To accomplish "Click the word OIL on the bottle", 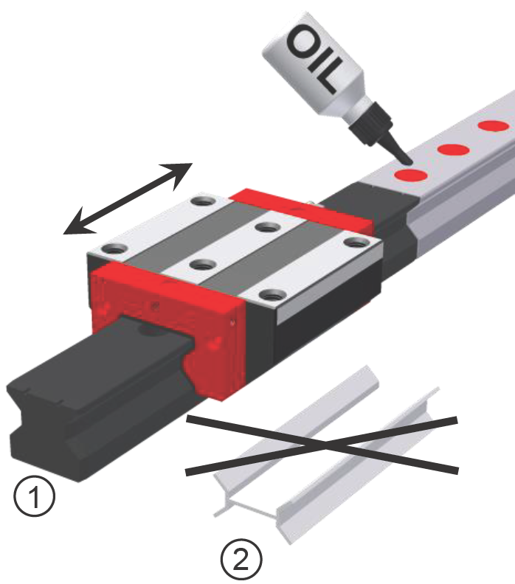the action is pos(314,59).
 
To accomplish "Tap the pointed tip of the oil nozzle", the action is pos(409,163).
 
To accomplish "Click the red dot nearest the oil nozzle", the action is pos(411,175).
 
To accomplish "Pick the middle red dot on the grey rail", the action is pos(453,150).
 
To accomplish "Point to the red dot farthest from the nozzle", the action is pos(494,126).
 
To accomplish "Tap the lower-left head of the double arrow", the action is pos(77,224).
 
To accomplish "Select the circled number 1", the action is pos(34,496).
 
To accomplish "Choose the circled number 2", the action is pos(241,559).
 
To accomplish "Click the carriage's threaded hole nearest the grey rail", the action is pos(356,242).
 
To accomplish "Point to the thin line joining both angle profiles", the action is pos(252,509).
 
